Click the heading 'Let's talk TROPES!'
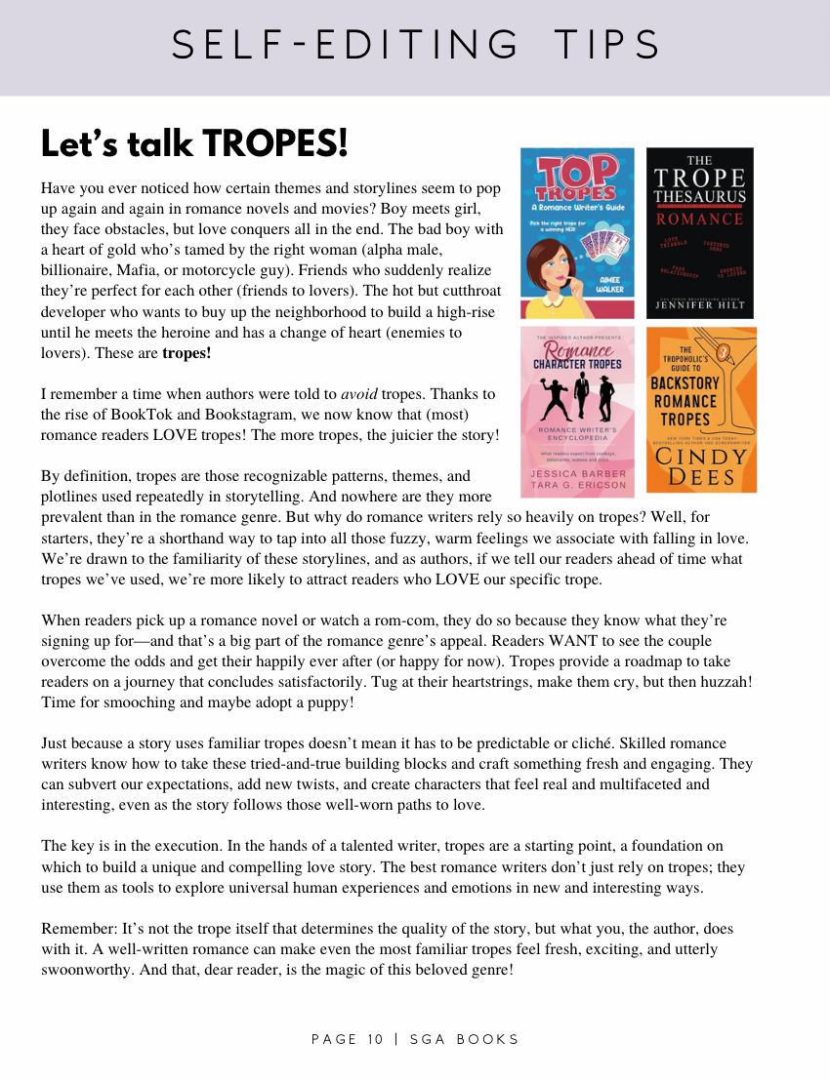(x=194, y=144)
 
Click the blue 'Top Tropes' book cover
(x=577, y=233)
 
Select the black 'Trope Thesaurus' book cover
(x=700, y=233)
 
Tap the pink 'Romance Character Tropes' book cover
(x=577, y=411)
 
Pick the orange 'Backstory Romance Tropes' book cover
(x=700, y=411)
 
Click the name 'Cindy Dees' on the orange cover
(x=700, y=466)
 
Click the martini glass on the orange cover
(x=726, y=352)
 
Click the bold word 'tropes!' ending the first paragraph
(x=187, y=353)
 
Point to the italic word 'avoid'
(x=359, y=394)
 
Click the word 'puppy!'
(x=330, y=702)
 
